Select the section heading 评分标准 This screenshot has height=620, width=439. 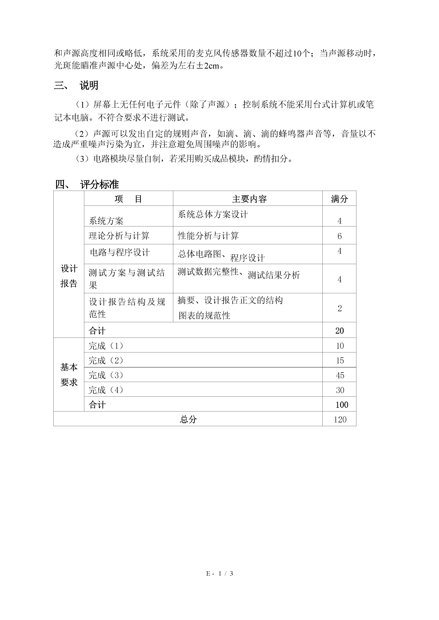click(x=99, y=185)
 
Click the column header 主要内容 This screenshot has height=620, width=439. click(x=249, y=199)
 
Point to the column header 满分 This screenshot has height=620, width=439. click(x=339, y=199)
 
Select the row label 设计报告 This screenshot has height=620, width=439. click(x=69, y=276)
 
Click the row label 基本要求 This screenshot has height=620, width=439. click(x=69, y=375)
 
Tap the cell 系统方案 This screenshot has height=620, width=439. click(x=106, y=221)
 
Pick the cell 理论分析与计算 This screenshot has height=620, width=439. click(x=119, y=236)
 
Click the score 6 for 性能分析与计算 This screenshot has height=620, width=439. click(x=340, y=236)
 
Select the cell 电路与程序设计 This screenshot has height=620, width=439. click(x=120, y=253)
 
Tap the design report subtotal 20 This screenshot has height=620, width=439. click(x=340, y=331)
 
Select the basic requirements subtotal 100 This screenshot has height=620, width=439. click(x=342, y=405)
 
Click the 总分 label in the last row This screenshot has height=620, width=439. click(x=188, y=419)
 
